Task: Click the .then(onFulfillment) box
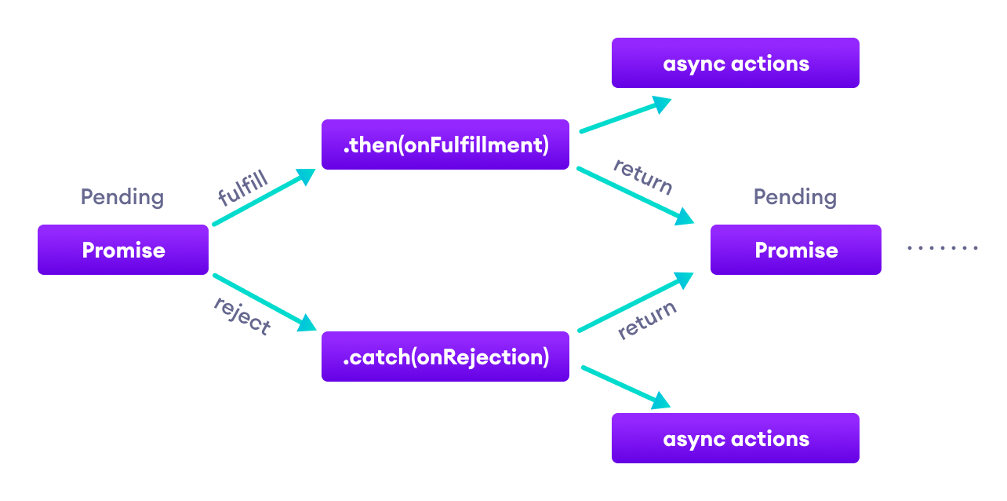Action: (445, 144)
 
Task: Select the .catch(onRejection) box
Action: (445, 357)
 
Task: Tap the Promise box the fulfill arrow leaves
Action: (123, 250)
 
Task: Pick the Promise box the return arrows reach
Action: (795, 250)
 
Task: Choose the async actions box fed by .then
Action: (735, 63)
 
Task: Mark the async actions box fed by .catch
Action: (735, 438)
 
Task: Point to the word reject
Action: (242, 315)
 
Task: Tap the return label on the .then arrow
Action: (643, 176)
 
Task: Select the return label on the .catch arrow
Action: (647, 320)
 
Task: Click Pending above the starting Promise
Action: (122, 196)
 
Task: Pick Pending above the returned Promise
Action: (794, 196)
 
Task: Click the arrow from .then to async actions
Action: (623, 116)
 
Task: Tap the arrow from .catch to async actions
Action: (623, 386)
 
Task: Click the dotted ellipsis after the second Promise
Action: (942, 248)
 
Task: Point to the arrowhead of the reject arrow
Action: (307, 323)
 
